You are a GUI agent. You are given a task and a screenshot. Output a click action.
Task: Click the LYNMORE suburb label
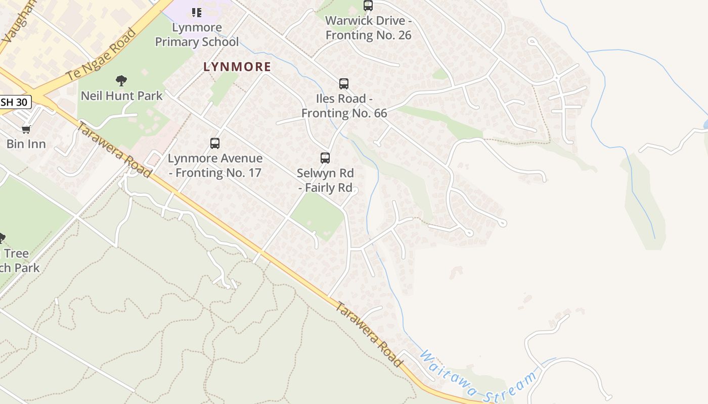tap(237, 67)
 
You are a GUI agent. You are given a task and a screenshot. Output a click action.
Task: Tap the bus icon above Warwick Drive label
tap(368, 6)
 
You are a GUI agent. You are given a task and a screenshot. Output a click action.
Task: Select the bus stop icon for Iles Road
tap(344, 84)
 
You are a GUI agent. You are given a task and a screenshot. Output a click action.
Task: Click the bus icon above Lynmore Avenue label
tap(215, 143)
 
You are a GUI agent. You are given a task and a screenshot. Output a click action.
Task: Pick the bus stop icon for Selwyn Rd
tap(325, 158)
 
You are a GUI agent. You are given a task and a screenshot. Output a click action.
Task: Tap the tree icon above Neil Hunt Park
tap(121, 80)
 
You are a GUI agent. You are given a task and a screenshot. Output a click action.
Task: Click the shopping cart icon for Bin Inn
tap(26, 129)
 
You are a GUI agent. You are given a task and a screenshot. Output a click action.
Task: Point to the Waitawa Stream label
tap(478, 377)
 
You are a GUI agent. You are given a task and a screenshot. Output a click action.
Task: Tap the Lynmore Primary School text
tap(197, 35)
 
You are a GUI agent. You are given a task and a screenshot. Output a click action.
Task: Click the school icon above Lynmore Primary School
tap(197, 12)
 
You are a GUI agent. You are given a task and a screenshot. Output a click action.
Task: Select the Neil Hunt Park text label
tap(122, 95)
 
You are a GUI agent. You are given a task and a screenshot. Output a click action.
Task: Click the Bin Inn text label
tap(26, 144)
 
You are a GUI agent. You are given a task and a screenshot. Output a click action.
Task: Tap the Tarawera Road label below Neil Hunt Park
tap(115, 149)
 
